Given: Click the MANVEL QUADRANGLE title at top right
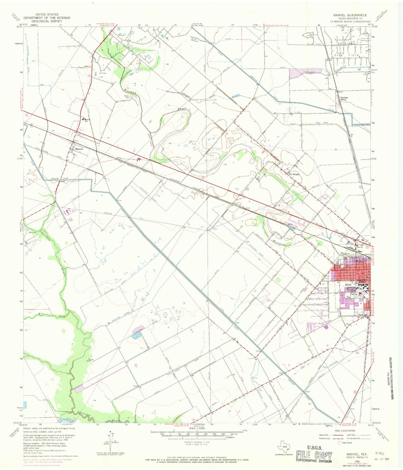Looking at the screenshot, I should (x=350, y=15).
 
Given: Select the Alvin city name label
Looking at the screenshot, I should (x=348, y=285).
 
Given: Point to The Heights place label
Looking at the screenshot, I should (x=294, y=174).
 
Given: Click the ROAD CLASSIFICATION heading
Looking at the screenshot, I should (x=344, y=431).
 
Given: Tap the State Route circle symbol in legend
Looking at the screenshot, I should (x=340, y=442).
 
